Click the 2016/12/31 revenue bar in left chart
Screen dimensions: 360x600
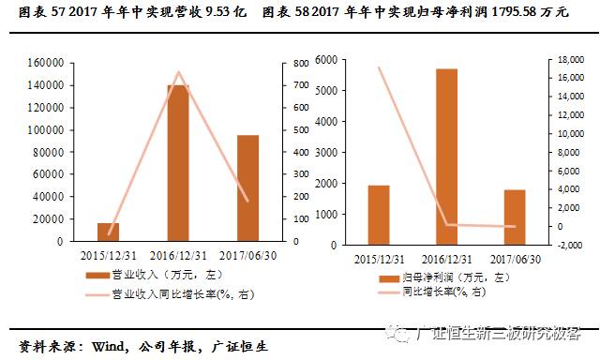click(178, 163)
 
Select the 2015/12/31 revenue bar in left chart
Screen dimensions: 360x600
click(108, 232)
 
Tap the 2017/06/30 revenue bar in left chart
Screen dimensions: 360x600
click(247, 187)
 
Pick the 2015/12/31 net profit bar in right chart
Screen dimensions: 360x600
click(378, 215)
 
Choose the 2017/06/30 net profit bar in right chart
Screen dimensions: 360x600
click(515, 217)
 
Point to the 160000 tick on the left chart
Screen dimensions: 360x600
click(46, 63)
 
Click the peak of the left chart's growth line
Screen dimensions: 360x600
click(178, 72)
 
